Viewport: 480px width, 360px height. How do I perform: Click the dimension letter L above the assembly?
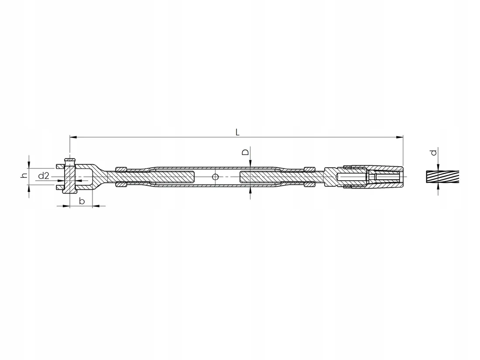point(237,132)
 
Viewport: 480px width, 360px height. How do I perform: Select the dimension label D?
point(246,152)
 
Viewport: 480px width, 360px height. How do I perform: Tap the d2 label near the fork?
point(44,176)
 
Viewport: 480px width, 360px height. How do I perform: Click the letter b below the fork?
point(82,201)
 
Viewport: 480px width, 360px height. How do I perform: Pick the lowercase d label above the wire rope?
point(433,152)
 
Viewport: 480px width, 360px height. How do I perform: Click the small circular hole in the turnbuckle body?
point(215,177)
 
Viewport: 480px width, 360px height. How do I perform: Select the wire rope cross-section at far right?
point(442,177)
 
